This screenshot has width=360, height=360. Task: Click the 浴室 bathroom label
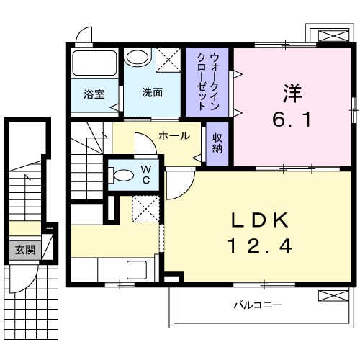point(94,94)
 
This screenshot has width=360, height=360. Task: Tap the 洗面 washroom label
point(152,92)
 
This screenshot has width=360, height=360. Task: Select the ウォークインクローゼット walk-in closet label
point(207,81)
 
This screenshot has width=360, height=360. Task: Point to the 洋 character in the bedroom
point(292,94)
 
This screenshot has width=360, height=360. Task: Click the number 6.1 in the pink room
point(292,120)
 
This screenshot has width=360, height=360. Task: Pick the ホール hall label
point(174,136)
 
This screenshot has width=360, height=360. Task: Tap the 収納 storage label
point(217,143)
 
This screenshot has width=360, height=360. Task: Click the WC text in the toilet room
point(146,174)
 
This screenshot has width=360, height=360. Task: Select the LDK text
point(260,220)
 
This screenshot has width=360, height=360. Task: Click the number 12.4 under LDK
point(261,246)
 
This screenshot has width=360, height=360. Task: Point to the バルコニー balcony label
point(258,305)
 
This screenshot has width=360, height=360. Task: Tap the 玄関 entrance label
point(25,250)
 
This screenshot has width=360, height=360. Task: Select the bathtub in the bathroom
point(94,63)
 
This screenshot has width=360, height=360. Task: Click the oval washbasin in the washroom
point(138,57)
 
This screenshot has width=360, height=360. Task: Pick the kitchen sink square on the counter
point(137,270)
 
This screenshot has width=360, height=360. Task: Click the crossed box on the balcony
point(333,296)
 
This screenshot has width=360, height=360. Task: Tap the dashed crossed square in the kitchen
point(145,209)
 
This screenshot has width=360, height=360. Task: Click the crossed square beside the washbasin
point(168,60)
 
